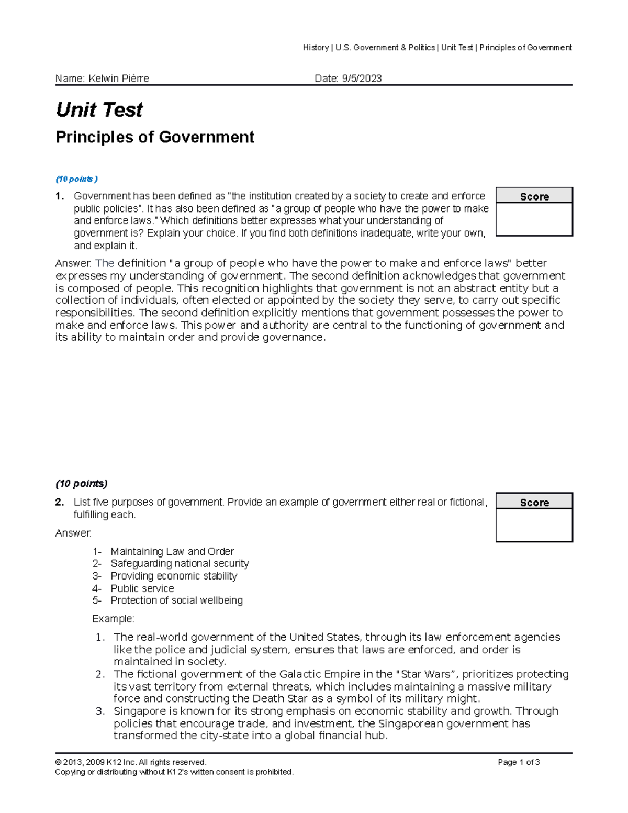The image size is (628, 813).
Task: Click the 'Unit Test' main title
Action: (x=99, y=110)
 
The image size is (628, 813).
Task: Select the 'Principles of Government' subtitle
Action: (x=155, y=137)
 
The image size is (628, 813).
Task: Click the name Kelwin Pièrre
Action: (x=118, y=79)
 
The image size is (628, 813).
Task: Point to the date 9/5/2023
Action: (x=362, y=79)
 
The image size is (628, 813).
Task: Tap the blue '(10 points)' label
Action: (x=76, y=179)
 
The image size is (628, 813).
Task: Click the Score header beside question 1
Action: (x=534, y=196)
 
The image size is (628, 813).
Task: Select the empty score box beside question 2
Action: (x=534, y=525)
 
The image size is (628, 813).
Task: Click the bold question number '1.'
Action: (x=60, y=196)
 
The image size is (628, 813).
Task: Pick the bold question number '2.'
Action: (x=60, y=502)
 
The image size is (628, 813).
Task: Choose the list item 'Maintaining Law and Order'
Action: (x=172, y=551)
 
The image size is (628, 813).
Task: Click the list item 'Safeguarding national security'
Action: (x=180, y=563)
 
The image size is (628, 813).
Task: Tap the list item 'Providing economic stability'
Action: (x=174, y=576)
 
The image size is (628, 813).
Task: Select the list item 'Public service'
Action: (x=142, y=588)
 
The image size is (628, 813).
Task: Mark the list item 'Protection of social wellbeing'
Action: (x=176, y=600)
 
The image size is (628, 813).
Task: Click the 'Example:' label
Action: (x=113, y=619)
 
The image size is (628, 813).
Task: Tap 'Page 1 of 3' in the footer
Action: (x=519, y=762)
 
